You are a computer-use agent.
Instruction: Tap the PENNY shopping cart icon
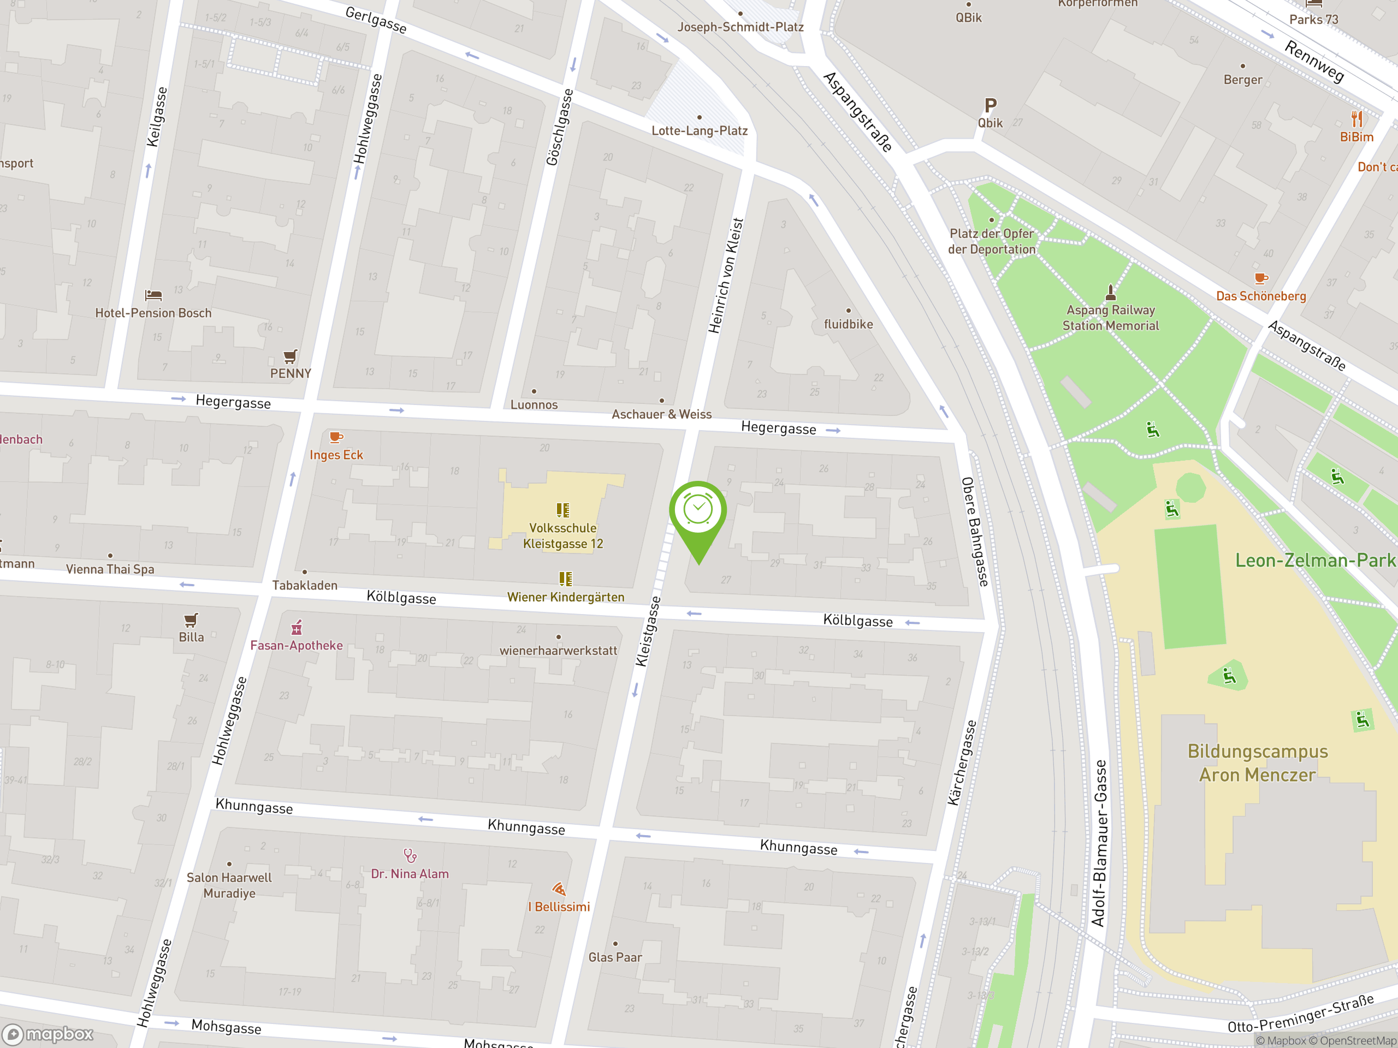(290, 356)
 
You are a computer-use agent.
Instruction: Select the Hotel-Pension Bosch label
(153, 313)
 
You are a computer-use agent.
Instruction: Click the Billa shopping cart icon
(191, 620)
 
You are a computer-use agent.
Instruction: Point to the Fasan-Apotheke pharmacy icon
(297, 628)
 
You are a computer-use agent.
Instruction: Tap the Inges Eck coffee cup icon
(336, 437)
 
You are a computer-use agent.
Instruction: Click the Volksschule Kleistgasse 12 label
(562, 535)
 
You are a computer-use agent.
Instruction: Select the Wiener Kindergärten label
(566, 598)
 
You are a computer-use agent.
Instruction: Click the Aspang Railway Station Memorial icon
(1110, 293)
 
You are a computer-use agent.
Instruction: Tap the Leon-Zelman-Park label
(1314, 561)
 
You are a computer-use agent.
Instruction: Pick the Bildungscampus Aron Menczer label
(1257, 763)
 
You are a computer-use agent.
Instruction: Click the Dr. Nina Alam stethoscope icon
(410, 855)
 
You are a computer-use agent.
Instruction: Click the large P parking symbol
(991, 105)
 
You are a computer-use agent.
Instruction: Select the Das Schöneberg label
(1261, 296)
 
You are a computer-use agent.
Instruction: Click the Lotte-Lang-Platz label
(700, 131)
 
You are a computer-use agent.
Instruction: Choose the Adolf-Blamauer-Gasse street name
(1100, 843)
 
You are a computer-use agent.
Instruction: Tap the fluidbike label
(848, 324)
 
